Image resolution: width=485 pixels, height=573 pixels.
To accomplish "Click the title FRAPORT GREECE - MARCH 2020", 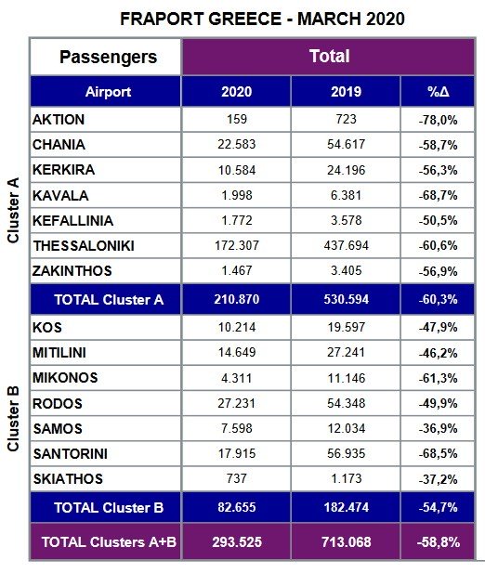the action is (262, 19).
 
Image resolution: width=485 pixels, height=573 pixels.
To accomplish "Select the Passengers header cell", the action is (108, 57).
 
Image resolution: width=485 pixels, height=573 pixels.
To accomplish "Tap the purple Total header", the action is (329, 57).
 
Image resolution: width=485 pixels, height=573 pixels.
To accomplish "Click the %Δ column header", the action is (438, 92).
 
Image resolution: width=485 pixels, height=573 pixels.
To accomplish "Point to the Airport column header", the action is (108, 92).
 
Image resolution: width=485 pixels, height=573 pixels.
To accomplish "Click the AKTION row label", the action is (59, 120).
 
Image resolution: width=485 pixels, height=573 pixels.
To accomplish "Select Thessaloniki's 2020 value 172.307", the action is (237, 245).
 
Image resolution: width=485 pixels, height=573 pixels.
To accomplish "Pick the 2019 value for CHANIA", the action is (347, 144).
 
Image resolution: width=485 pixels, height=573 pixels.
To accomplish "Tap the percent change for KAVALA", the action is (438, 196).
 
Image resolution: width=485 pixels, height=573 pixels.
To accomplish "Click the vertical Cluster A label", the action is (13, 210).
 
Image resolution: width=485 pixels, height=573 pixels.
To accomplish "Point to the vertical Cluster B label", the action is (13, 419).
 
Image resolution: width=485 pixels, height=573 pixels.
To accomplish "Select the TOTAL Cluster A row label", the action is (109, 300).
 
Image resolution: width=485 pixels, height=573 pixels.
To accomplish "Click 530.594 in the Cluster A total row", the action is (347, 299).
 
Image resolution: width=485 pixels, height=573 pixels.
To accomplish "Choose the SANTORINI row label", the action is (71, 454).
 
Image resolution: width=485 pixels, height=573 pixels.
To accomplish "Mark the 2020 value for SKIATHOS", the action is (237, 478).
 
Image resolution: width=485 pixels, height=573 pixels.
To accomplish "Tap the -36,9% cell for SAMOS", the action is (438, 429).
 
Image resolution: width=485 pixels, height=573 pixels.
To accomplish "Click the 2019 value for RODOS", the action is (347, 403).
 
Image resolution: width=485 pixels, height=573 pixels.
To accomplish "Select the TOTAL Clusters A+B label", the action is (109, 542).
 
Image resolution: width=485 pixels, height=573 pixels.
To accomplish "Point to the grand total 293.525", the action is (237, 542).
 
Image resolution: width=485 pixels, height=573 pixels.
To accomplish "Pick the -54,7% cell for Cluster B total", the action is (438, 508).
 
